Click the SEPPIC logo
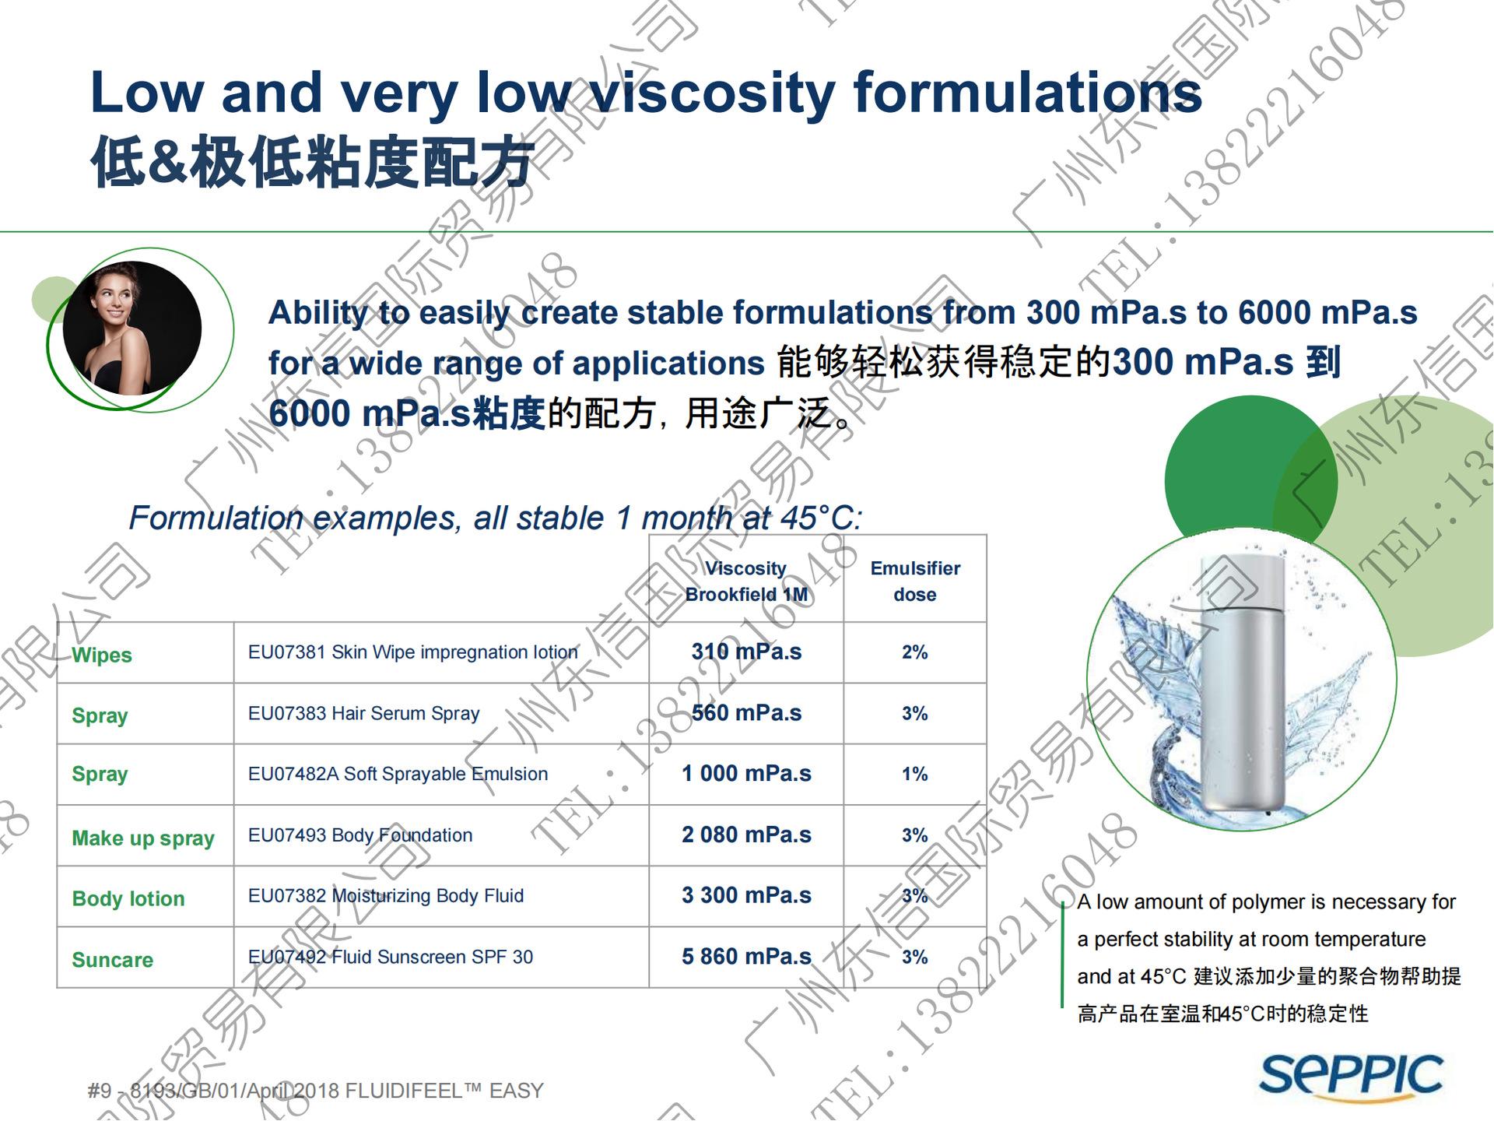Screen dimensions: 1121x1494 pos(1351,1077)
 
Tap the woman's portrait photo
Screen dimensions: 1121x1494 pos(132,328)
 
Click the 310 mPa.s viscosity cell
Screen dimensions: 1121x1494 pos(746,652)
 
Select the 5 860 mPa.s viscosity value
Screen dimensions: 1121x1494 pos(746,957)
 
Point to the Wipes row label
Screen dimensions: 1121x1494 pos(102,655)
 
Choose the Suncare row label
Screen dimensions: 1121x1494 pos(113,960)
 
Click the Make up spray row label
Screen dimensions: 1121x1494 pos(143,838)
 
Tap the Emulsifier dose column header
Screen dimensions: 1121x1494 pos(915,581)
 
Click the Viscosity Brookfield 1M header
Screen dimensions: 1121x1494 pos(746,581)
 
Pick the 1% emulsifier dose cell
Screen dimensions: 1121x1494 pos(915,774)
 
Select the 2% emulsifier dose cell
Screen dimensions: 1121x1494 pos(915,652)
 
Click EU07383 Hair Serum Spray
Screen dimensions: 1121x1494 pos(363,713)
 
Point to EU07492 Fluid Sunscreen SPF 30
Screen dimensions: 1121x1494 pos(391,957)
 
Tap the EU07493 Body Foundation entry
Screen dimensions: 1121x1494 pos(360,835)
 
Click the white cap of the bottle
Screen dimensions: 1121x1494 pos(1243,581)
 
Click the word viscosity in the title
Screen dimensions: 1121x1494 pos(713,93)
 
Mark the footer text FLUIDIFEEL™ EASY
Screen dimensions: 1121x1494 pos(444,1091)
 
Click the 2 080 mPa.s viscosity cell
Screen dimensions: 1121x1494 pos(746,835)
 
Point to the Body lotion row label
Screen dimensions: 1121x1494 pos(128,898)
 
